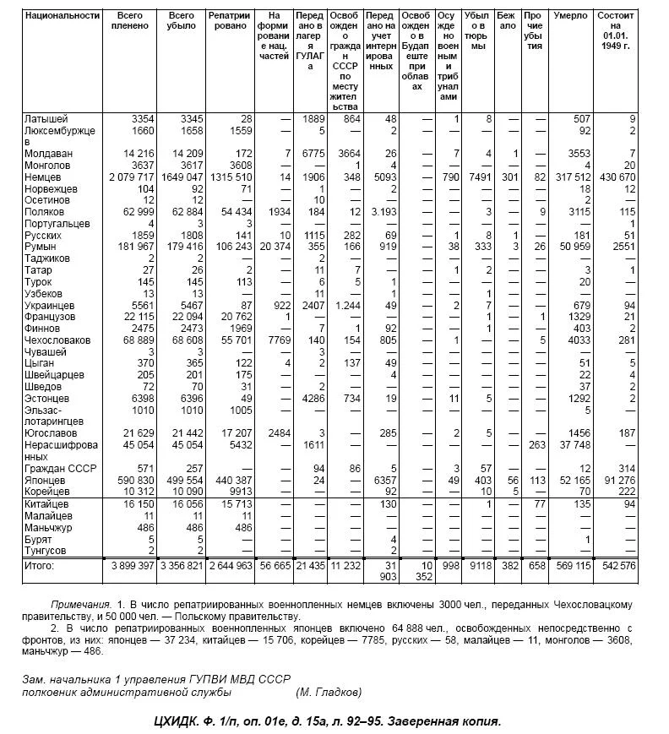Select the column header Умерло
pyautogui.click(x=569, y=15)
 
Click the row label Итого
pyautogui.click(x=39, y=565)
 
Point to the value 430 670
pyautogui.click(x=615, y=177)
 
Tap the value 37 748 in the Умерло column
pyautogui.click(x=573, y=444)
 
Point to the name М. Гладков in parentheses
pyautogui.click(x=329, y=693)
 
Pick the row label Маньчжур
pyautogui.click(x=46, y=526)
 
